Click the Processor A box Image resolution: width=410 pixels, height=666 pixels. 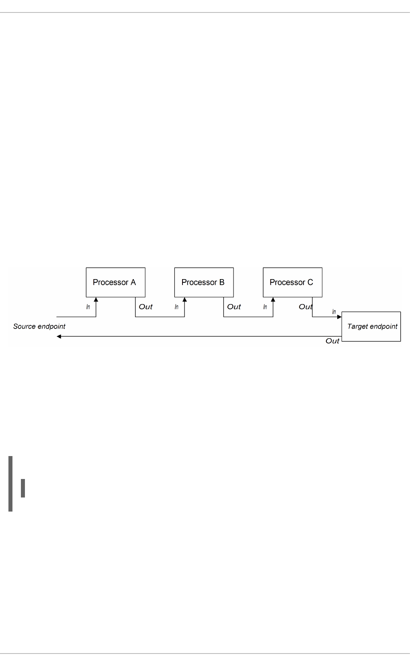(x=115, y=282)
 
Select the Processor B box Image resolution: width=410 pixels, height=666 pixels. (x=204, y=282)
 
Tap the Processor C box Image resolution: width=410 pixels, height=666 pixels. (x=292, y=282)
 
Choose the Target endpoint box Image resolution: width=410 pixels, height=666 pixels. (x=371, y=327)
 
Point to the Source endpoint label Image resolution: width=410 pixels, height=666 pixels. (x=39, y=326)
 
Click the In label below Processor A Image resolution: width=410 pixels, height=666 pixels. (x=88, y=307)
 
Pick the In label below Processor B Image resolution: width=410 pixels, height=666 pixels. (x=176, y=307)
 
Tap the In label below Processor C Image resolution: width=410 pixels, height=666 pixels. (x=265, y=307)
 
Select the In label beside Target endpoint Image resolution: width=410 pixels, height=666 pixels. (x=334, y=312)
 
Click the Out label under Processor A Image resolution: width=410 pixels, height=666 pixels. (x=146, y=307)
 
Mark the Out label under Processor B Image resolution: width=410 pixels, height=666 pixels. (x=234, y=307)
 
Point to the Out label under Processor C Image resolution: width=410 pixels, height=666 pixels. (x=305, y=307)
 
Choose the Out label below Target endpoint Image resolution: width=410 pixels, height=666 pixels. (x=332, y=341)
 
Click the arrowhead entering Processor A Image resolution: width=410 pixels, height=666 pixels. (x=96, y=300)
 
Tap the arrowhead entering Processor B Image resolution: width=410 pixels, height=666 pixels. (x=184, y=300)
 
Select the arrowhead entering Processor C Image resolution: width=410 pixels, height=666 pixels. (x=273, y=300)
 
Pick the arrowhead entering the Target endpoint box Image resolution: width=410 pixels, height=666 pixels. (x=339, y=317)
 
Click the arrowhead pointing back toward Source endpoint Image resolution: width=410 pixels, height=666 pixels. (x=59, y=337)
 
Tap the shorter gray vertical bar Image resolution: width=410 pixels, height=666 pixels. (x=23, y=488)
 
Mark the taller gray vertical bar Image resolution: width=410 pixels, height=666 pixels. (x=10, y=484)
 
